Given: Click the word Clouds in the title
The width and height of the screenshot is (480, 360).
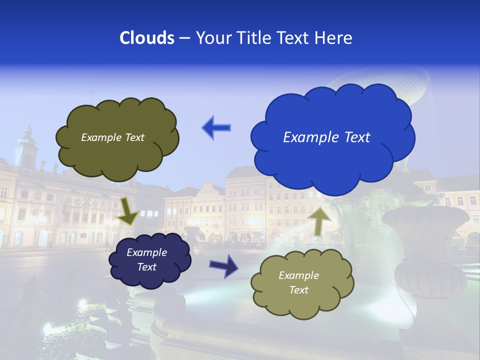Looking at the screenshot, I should pyautogui.click(x=146, y=38).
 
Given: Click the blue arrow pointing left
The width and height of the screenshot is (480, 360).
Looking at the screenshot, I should pyautogui.click(x=216, y=128).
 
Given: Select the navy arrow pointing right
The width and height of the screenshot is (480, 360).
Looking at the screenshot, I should pyautogui.click(x=223, y=265).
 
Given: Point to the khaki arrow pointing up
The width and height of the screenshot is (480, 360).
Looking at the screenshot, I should pyautogui.click(x=319, y=220).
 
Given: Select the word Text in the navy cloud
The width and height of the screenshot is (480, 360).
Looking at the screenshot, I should pyautogui.click(x=147, y=267).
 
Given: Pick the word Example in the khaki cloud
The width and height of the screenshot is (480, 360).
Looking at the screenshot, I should pyautogui.click(x=298, y=275).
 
